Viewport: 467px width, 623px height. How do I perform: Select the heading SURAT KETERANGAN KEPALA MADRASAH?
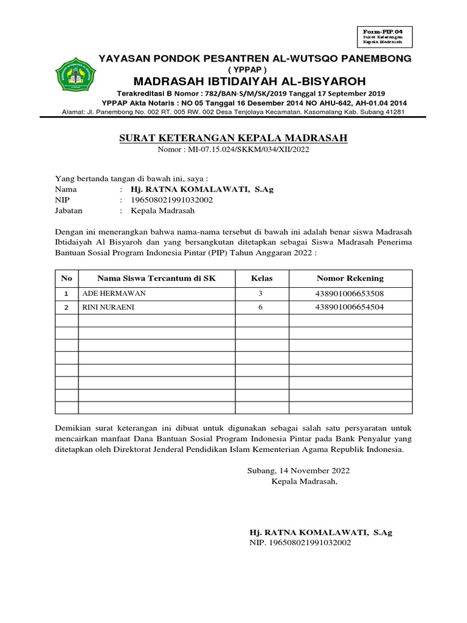pos(233,139)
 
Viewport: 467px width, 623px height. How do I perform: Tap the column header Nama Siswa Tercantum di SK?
pos(156,278)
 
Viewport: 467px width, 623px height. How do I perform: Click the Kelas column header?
pos(262,278)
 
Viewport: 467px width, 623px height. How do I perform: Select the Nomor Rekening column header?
pos(350,278)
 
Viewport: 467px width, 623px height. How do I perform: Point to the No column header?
pos(67,278)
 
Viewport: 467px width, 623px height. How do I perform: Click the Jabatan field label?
pos(69,211)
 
